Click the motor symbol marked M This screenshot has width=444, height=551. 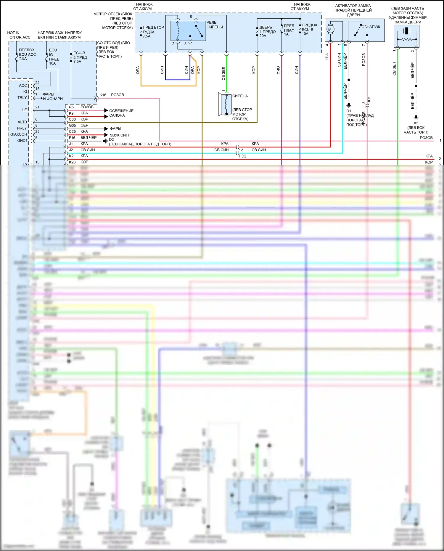[330, 29]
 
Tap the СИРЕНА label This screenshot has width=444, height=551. [240, 96]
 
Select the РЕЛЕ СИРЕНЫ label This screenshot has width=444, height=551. [214, 25]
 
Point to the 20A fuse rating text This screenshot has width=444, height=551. [263, 36]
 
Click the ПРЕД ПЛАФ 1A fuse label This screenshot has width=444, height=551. [289, 30]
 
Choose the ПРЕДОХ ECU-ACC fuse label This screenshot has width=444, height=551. [27, 54]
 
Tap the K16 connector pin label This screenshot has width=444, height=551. [103, 95]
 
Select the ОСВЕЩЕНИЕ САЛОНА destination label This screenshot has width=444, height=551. [121, 113]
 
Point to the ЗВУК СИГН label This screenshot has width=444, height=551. [120, 135]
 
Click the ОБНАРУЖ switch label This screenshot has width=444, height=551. [371, 27]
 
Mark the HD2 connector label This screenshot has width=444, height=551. [242, 156]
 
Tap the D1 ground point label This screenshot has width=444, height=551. [349, 111]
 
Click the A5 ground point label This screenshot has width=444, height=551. [416, 123]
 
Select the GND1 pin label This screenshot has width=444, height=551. [22, 141]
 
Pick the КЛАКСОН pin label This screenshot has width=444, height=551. [18, 134]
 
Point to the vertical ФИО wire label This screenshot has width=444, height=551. [278, 70]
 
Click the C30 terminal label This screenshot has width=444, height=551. [72, 119]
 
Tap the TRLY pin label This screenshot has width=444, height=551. [22, 98]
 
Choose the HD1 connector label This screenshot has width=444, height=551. [369, 100]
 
